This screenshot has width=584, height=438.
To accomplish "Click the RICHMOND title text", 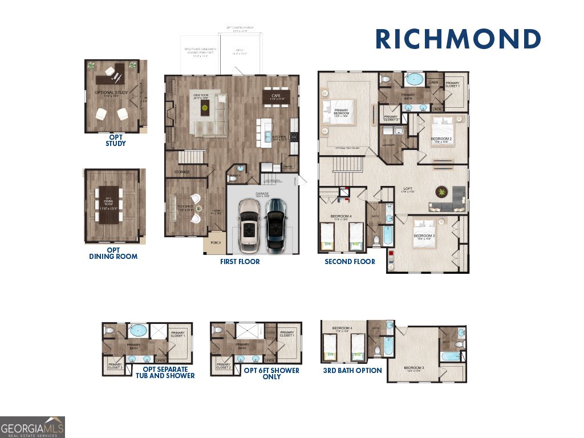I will [x=458, y=39].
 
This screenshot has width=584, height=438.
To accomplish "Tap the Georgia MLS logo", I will [x=33, y=427].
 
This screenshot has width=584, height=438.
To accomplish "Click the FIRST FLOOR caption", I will [x=240, y=262].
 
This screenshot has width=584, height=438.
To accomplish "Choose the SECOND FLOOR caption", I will [x=350, y=262].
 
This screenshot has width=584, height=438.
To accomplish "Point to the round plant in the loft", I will [x=442, y=192].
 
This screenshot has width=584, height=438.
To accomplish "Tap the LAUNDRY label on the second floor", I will [x=390, y=145].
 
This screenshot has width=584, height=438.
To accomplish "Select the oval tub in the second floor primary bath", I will [x=414, y=79].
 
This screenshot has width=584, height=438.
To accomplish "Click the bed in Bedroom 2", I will [x=442, y=131].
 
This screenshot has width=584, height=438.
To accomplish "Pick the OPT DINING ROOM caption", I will [x=113, y=253].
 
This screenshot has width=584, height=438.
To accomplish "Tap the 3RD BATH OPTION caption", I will [x=352, y=371].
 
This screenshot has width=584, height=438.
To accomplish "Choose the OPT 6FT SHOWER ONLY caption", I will [x=271, y=373].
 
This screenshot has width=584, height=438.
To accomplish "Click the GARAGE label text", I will [x=262, y=194].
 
